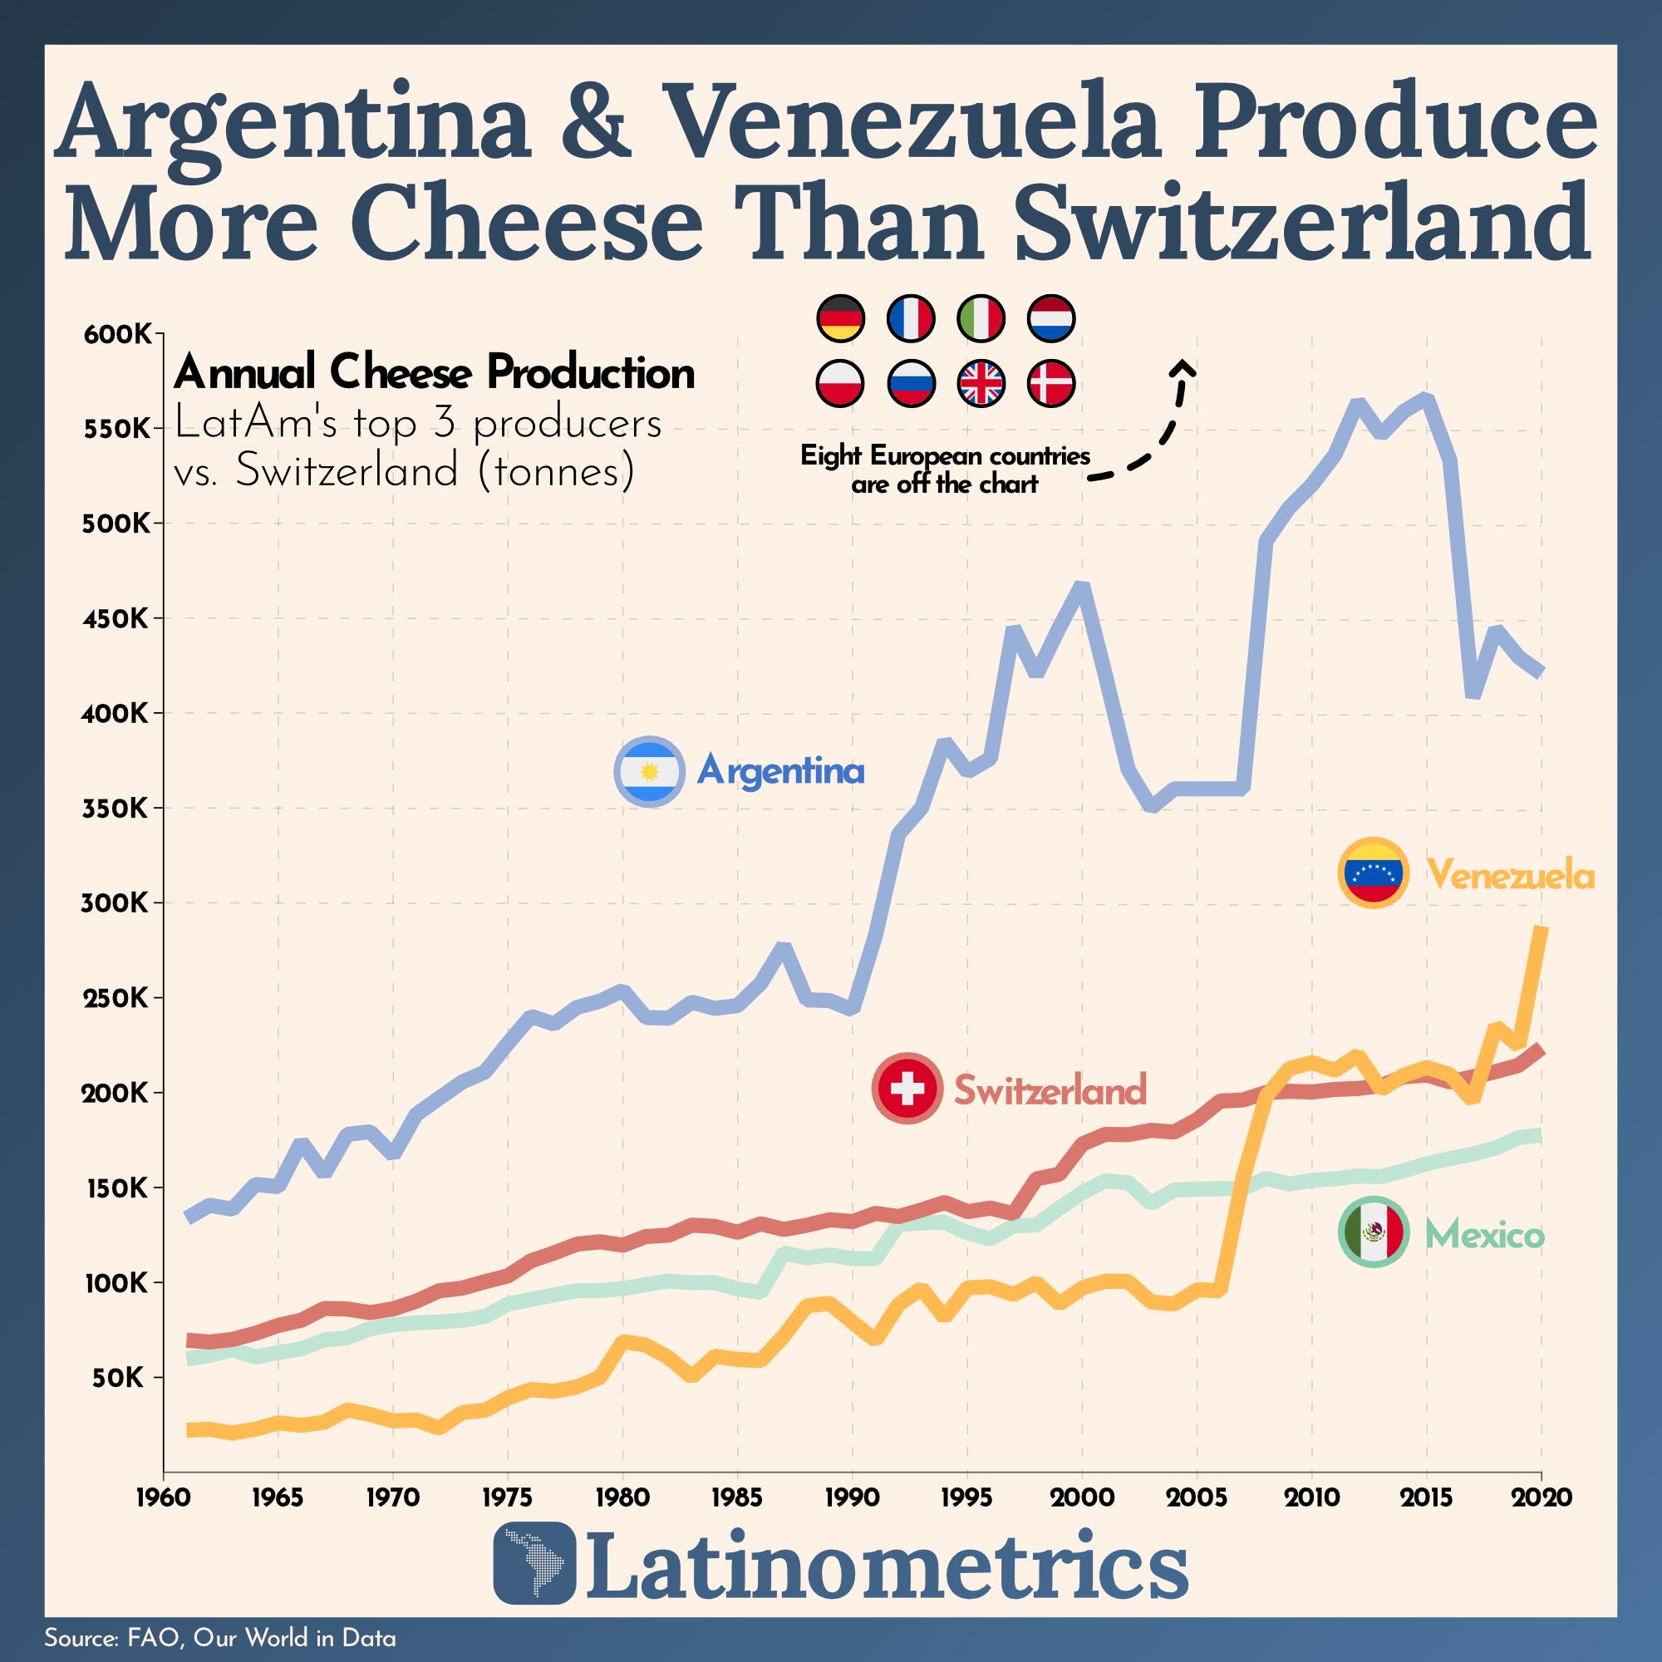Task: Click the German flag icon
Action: point(839,318)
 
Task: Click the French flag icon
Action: point(910,318)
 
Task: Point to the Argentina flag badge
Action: point(650,771)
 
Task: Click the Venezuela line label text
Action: point(1511,876)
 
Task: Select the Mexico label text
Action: point(1485,1236)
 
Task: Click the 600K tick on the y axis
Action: point(117,335)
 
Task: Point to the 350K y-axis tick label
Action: point(117,809)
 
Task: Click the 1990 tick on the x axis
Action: point(852,1497)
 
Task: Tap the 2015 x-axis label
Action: point(1426,1497)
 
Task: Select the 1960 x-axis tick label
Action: point(164,1497)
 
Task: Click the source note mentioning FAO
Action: point(220,1637)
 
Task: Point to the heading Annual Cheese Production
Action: point(434,372)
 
